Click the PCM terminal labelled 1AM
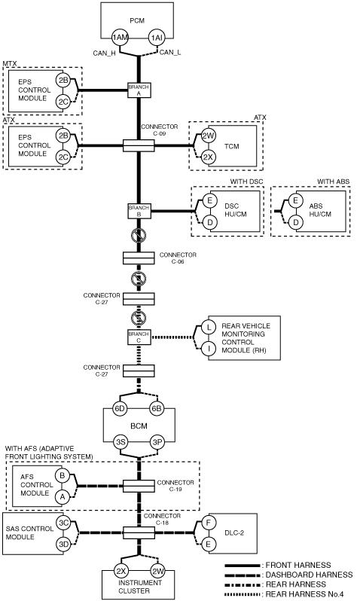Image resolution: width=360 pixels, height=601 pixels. point(120,38)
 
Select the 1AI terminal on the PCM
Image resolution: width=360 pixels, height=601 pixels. point(157,38)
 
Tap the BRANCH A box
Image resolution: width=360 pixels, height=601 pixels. point(139,90)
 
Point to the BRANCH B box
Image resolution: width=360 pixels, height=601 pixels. point(139,211)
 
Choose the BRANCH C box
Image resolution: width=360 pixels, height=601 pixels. point(139,337)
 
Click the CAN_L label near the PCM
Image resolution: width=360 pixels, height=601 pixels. point(170,53)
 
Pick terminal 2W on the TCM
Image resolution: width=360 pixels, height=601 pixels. point(209,136)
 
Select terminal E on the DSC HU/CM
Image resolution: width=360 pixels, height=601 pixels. point(209,200)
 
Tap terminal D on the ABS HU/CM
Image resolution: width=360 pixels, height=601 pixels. point(295,222)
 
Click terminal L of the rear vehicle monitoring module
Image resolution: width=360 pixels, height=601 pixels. point(209,327)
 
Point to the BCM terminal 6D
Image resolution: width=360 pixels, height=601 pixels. point(120,408)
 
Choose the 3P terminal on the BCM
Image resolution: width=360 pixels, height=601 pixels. point(157,442)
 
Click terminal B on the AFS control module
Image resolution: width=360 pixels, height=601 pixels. point(62,476)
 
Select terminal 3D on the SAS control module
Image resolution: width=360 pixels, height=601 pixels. point(64,544)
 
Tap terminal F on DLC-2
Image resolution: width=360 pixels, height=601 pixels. point(209,522)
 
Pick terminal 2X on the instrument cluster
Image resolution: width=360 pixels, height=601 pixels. point(121,571)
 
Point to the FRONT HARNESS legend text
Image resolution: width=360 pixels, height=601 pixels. point(298,565)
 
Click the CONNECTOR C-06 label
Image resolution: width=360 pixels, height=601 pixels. point(178,258)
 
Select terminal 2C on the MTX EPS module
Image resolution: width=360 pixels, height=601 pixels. point(63,102)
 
